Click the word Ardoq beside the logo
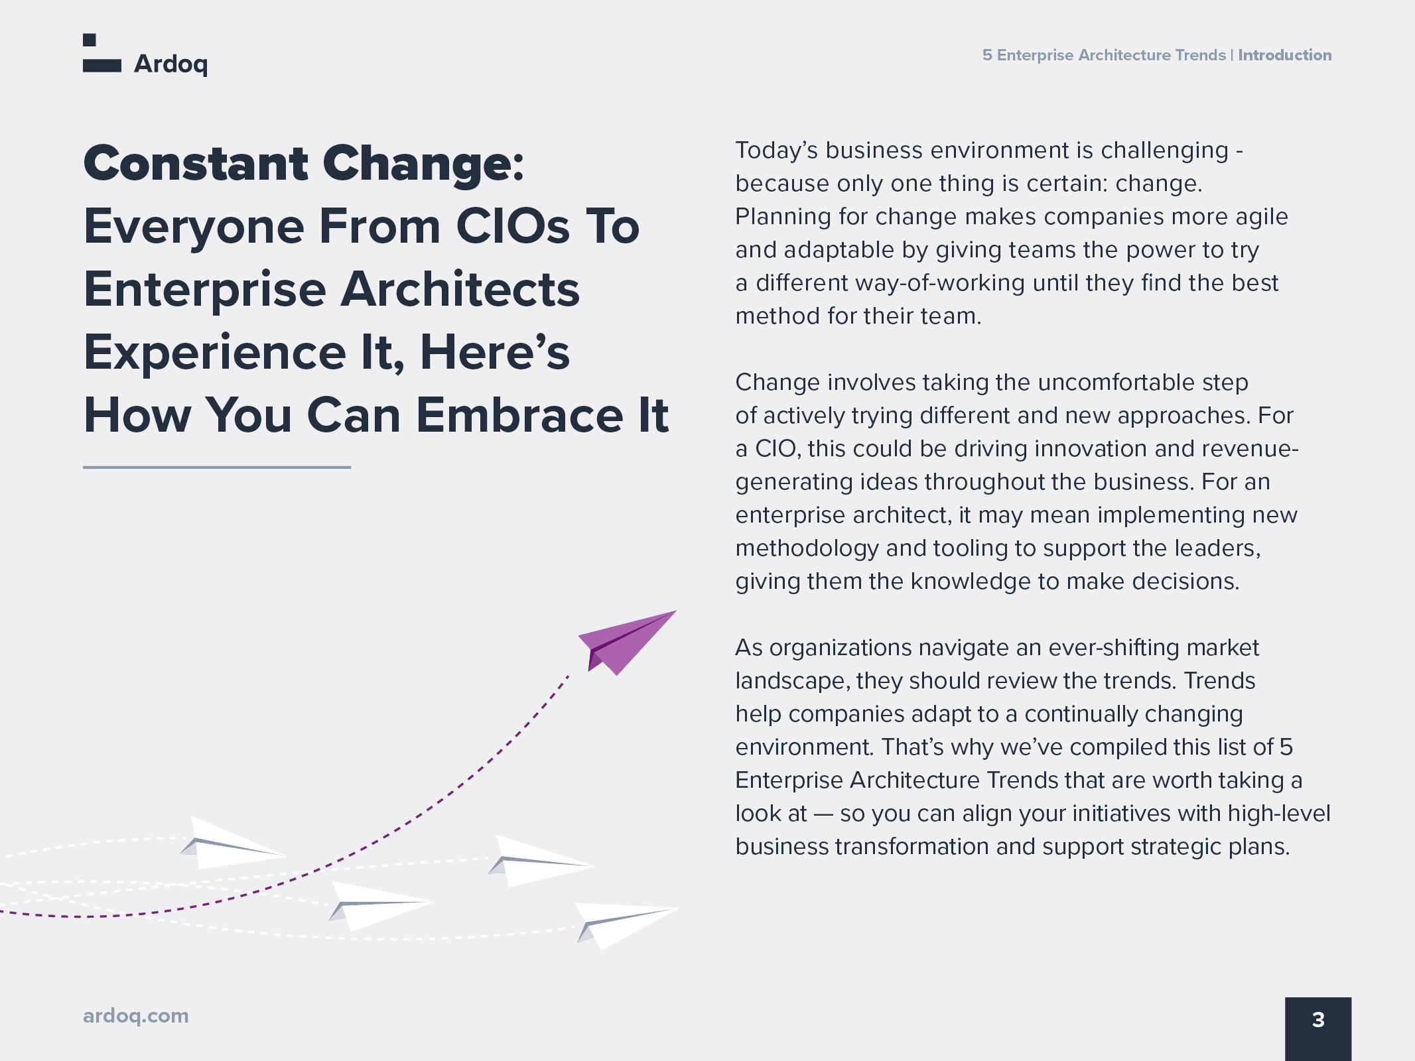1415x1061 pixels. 171,64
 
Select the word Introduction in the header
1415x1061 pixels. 1285,55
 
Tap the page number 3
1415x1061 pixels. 1318,1020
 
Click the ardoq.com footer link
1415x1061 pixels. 136,1016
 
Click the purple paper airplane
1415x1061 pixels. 626,642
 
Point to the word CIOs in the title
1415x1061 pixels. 513,226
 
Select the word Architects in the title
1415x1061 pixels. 460,289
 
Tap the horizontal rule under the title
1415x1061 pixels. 217,468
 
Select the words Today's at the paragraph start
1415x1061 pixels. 777,151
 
